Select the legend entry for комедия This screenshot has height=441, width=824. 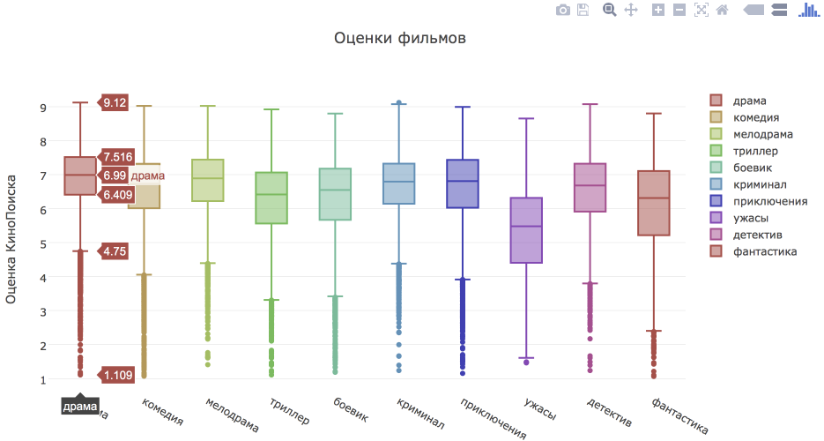pos(755,117)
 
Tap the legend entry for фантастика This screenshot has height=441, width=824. pos(764,251)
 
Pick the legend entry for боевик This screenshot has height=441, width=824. pos(752,168)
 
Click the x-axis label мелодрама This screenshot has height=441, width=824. pos(232,415)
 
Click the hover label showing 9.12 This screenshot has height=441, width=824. pos(115,103)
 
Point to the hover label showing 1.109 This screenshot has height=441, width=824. pos(117,376)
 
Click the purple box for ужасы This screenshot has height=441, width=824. pos(527,230)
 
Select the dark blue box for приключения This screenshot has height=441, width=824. pos(463,183)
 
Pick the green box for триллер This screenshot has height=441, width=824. pos(271,198)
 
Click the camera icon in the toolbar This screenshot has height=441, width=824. pos(562,10)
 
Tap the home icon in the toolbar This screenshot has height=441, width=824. pos(723,10)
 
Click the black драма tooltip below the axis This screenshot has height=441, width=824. pos(80,406)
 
